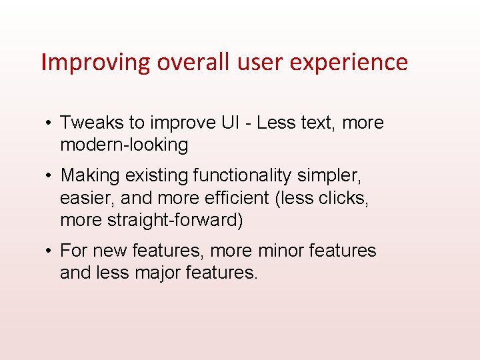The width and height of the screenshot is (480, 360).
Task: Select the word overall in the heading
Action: (x=192, y=62)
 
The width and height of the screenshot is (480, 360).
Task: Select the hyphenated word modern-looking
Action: (x=124, y=145)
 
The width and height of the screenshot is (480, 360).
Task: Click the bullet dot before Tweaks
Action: (x=50, y=123)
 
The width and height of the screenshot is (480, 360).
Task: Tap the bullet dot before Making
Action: (x=50, y=176)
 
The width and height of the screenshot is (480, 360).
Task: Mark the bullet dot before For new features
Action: (x=50, y=251)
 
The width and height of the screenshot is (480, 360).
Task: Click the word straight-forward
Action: (x=175, y=219)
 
